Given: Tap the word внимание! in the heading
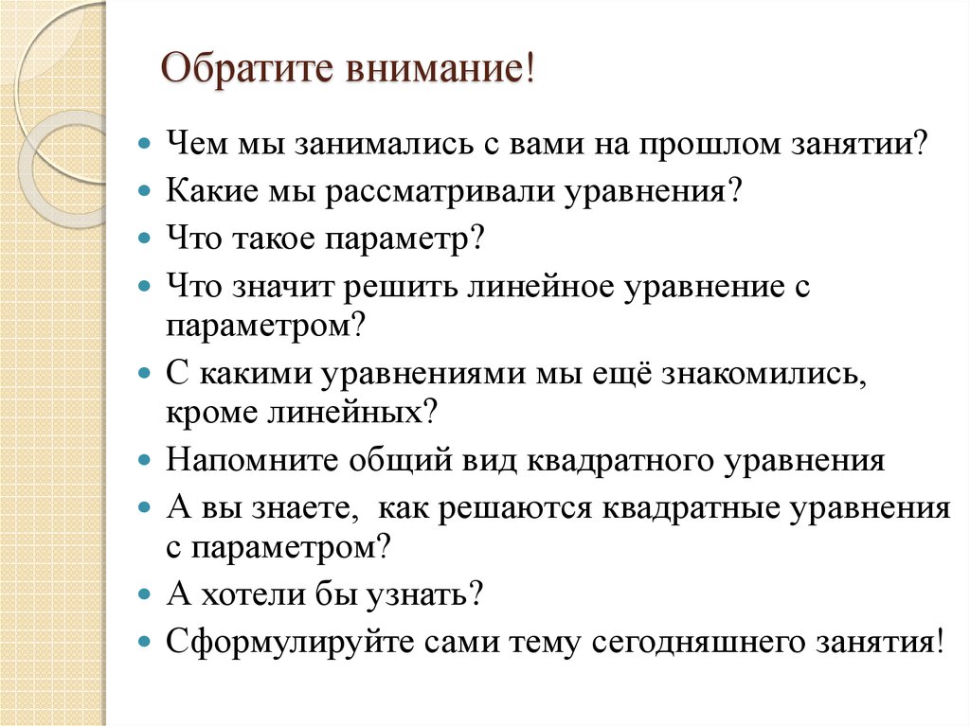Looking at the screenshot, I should (436, 72).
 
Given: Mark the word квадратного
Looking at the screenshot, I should (620, 461).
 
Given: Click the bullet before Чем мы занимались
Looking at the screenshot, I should (144, 148).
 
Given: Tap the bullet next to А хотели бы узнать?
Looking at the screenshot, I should (144, 595).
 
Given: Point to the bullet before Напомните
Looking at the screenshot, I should (144, 461).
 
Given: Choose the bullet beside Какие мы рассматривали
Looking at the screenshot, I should (144, 192).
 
